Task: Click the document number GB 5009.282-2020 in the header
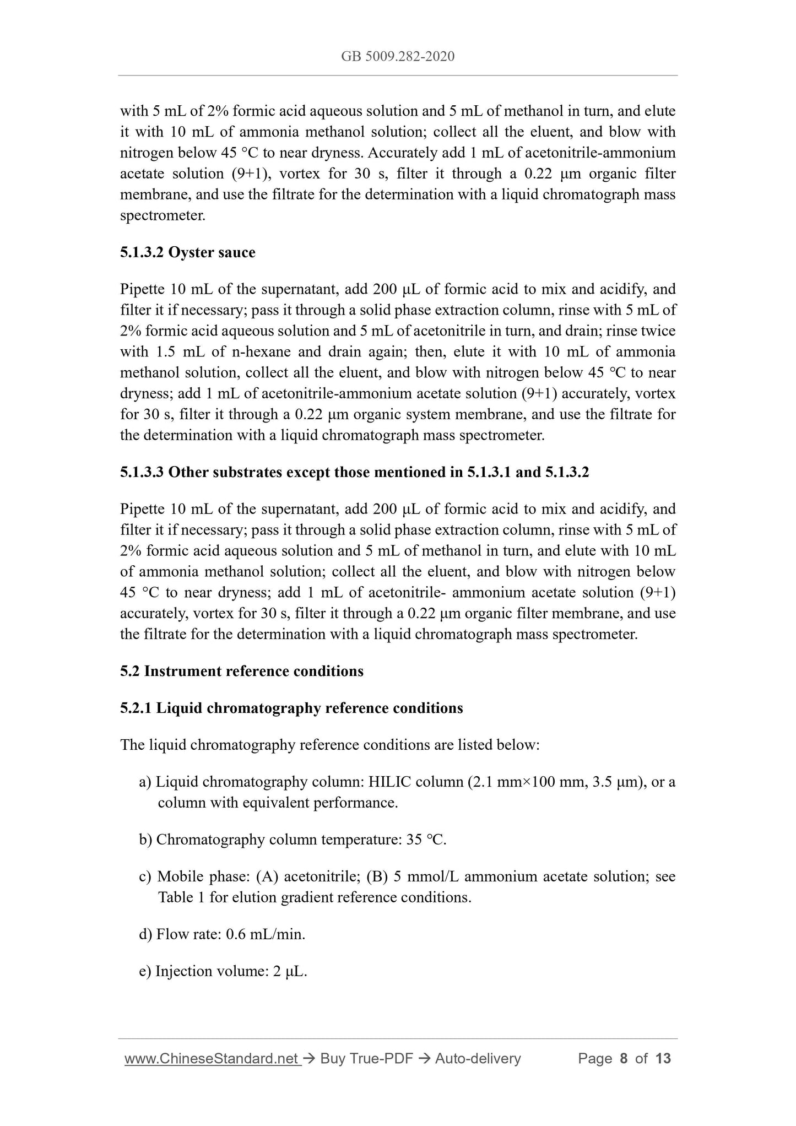(398, 56)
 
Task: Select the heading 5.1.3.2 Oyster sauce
(187, 252)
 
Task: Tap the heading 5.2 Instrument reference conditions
(241, 671)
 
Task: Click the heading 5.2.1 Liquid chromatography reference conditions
(291, 708)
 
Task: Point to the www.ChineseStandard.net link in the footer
(213, 1058)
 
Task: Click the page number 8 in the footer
(624, 1058)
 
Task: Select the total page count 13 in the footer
(663, 1058)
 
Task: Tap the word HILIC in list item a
(389, 782)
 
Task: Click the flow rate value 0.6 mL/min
(266, 934)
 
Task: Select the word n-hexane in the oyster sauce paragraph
(270, 351)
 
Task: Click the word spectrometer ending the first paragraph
(163, 215)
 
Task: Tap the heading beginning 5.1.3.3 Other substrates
(354, 472)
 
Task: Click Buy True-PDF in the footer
(366, 1058)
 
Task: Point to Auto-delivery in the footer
(478, 1058)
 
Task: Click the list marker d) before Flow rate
(145, 934)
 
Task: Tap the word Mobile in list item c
(180, 876)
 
